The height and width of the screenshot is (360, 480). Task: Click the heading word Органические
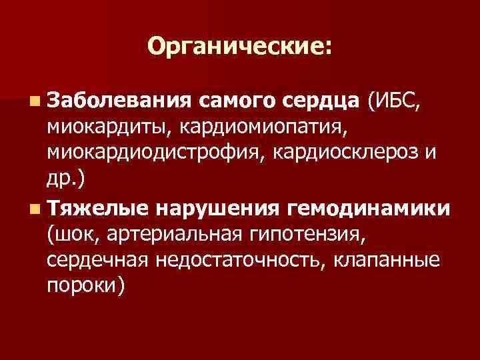coord(236,46)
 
